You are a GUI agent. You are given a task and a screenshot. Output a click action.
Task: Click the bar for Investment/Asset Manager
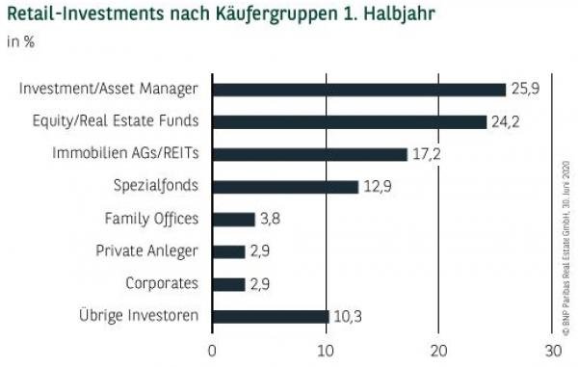tap(358, 90)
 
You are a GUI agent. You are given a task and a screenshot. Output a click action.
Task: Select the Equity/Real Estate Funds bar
tap(349, 121)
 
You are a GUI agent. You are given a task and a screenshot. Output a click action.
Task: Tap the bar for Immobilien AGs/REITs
tap(309, 154)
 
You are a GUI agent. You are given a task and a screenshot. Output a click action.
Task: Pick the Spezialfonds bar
tap(285, 187)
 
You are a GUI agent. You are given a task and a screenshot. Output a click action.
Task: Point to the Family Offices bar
tap(233, 219)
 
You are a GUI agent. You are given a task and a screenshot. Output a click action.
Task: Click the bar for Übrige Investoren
tap(270, 316)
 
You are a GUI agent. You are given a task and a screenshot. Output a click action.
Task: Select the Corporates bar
tap(228, 284)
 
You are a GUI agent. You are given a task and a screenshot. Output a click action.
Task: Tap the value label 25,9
tap(524, 90)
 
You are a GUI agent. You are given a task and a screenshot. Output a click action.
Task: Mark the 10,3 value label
tap(346, 316)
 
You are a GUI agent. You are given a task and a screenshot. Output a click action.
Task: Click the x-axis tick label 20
tap(438, 350)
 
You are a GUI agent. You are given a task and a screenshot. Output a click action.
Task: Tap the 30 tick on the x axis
tap(551, 350)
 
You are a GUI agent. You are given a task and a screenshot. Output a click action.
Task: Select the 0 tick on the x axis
tap(212, 350)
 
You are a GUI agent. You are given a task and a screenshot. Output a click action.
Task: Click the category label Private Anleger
tap(146, 251)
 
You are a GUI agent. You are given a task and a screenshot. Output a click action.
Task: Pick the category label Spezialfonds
tap(156, 187)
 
